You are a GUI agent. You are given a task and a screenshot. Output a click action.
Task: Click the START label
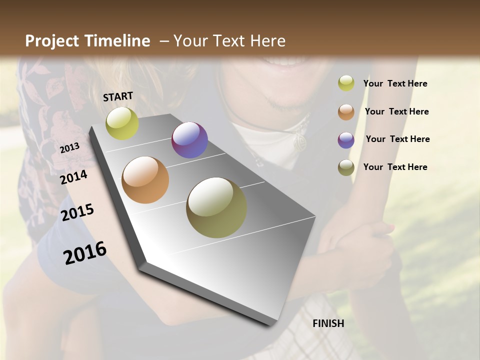pos(118,96)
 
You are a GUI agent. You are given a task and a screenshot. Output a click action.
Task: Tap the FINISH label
pos(328,323)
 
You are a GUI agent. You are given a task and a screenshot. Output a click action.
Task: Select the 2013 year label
pos(70,147)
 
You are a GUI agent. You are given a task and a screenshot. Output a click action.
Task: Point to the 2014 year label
pos(74,177)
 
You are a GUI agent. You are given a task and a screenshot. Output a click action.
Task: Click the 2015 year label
pos(77,212)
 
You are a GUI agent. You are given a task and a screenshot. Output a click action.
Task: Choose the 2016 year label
pos(85,252)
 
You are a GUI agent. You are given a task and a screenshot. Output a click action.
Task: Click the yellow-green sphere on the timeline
pos(122,123)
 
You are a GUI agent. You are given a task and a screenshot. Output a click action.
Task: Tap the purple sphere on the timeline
pos(189,140)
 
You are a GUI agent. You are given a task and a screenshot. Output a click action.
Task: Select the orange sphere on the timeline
pos(145,180)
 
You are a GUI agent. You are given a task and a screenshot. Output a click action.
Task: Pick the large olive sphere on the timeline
pos(216,207)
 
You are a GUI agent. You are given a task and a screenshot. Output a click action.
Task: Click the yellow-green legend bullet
pos(346,83)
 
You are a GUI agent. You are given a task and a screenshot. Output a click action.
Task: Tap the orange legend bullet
pos(346,112)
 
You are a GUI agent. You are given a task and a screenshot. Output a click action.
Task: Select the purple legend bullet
pos(346,140)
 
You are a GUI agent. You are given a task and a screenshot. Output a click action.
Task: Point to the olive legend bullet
pos(346,167)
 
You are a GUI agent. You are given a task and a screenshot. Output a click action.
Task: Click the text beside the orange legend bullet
pos(396,111)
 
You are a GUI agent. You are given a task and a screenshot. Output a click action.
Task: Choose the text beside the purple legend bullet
pos(397,139)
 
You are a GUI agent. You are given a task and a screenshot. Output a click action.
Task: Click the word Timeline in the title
pos(118,41)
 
